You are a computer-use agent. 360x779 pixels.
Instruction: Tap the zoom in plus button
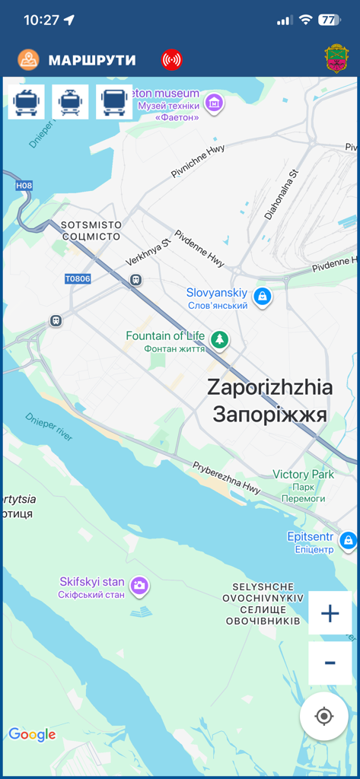(x=330, y=613)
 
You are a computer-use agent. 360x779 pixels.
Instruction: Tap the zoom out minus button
(x=330, y=663)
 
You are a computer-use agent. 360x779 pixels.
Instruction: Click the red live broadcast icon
(x=172, y=59)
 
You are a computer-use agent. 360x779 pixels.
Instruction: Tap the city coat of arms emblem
(x=336, y=59)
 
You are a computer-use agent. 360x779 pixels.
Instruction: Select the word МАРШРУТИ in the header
(x=92, y=60)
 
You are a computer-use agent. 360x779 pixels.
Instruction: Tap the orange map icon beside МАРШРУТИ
(x=29, y=59)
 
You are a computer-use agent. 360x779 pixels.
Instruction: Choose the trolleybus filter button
(x=26, y=102)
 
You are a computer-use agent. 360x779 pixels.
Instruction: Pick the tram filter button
(x=70, y=102)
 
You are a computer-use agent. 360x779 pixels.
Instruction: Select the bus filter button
(x=114, y=102)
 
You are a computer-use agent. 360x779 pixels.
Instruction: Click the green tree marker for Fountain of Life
(x=220, y=339)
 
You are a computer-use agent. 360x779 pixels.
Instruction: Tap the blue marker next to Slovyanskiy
(x=263, y=296)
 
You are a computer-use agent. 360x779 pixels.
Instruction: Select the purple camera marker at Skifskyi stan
(x=139, y=585)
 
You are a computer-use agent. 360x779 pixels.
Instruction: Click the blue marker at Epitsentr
(x=349, y=541)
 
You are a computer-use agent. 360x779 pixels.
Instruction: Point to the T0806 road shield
(x=78, y=279)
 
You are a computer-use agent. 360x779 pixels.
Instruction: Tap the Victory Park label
(x=303, y=475)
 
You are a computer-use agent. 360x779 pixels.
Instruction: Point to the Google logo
(x=32, y=734)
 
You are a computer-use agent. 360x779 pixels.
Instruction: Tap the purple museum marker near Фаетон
(x=215, y=102)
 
